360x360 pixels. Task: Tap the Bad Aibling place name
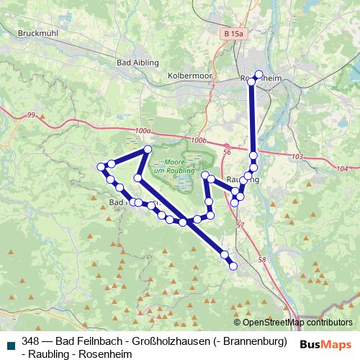(132, 63)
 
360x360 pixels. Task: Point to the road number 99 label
(30, 115)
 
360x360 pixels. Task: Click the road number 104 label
(341, 168)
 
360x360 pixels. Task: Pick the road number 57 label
(240, 225)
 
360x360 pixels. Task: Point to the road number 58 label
(261, 260)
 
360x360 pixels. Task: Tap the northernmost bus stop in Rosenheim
(260, 74)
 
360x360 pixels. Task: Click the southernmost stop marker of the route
(233, 266)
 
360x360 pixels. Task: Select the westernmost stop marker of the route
(101, 167)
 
